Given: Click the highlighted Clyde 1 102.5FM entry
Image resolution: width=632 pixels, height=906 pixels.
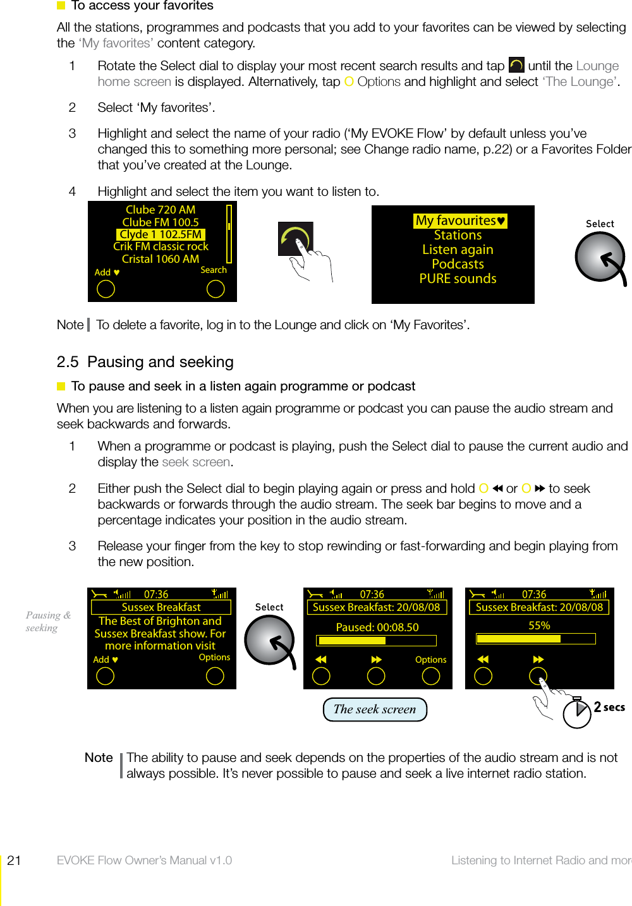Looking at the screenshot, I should [161, 234].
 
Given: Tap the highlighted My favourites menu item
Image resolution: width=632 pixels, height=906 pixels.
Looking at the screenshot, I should [460, 220].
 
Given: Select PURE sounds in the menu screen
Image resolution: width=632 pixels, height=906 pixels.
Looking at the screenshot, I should [458, 279].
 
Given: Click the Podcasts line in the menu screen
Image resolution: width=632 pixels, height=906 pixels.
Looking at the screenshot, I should [458, 264].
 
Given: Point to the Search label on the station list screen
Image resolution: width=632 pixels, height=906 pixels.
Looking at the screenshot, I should [214, 270].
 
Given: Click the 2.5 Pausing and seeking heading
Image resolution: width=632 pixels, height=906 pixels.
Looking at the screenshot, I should [145, 362].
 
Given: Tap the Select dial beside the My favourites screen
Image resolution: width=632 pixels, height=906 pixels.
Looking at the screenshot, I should [600, 257].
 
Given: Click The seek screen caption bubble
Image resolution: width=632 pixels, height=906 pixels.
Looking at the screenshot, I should [375, 709].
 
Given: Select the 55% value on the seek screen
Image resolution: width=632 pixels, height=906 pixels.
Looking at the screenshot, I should [539, 625].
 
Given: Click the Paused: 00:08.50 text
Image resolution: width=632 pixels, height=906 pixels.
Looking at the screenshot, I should [377, 627].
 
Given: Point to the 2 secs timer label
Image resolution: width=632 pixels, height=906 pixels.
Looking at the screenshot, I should [609, 707].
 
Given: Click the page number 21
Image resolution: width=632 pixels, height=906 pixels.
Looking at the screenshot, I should [14, 860].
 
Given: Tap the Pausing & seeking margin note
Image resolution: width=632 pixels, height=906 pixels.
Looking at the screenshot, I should [47, 621].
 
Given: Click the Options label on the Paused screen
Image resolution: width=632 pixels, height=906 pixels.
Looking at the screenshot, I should [430, 660].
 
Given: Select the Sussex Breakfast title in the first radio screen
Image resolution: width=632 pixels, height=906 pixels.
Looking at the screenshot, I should [161, 607].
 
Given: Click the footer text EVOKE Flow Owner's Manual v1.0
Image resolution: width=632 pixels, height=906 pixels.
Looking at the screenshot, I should [144, 860].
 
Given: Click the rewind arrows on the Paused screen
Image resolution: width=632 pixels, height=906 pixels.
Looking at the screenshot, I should [321, 660].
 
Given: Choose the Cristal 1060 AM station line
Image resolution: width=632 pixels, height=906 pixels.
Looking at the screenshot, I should [161, 259].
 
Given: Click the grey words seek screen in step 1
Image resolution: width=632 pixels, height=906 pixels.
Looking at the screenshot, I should [196, 462].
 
